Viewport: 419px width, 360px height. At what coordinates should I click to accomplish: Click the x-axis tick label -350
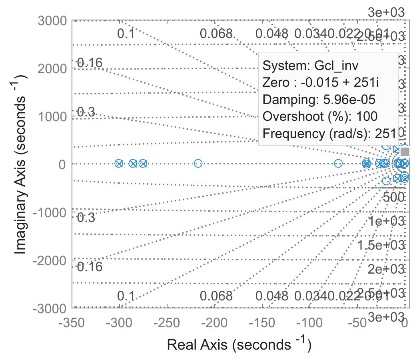(x=72, y=323)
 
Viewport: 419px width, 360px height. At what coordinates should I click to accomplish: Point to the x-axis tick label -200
(x=215, y=323)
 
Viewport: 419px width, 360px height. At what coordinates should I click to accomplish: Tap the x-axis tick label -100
(x=310, y=323)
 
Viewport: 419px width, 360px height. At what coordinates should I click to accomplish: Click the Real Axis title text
(x=239, y=344)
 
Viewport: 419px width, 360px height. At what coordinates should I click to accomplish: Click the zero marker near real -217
(x=198, y=163)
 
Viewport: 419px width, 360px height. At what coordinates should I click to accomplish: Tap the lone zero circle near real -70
(x=338, y=163)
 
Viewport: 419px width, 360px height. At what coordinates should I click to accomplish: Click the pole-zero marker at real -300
(x=119, y=163)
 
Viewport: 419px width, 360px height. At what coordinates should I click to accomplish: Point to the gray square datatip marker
(x=405, y=152)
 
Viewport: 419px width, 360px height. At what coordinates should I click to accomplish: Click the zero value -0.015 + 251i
(x=339, y=82)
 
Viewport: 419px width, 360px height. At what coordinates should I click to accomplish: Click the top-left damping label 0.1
(x=126, y=34)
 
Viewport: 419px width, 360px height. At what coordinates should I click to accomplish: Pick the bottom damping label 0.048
(x=271, y=296)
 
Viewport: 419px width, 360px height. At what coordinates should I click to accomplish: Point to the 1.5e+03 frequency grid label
(x=381, y=245)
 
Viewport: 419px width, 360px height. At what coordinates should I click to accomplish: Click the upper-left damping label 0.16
(x=90, y=63)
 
